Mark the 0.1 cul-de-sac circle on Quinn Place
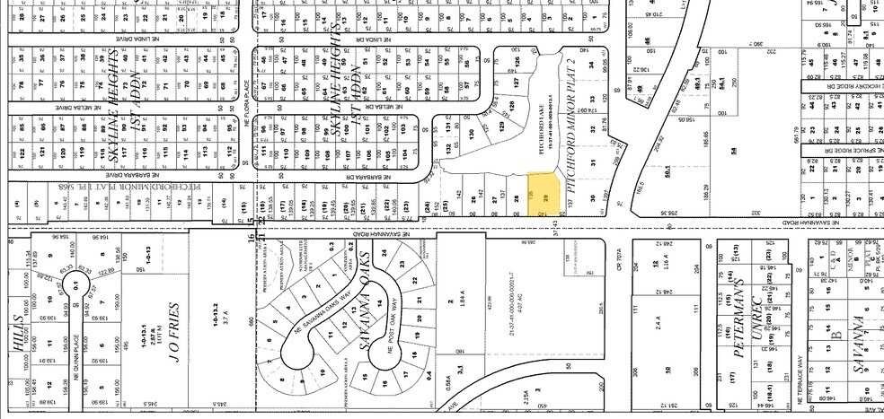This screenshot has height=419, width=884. [76, 286]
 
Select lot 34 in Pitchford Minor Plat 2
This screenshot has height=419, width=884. [590, 64]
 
